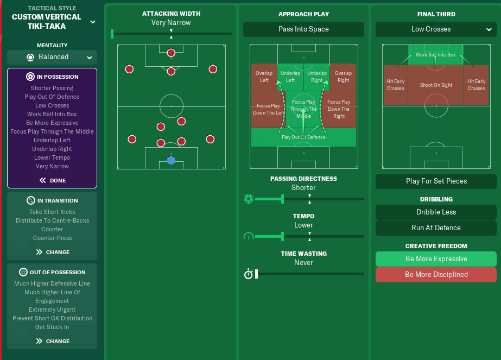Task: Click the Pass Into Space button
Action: point(303,29)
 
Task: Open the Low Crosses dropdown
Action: point(436,29)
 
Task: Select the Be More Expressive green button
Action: point(436,259)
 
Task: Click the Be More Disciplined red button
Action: point(436,275)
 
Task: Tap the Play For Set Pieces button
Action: point(436,181)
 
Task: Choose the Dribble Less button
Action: point(436,212)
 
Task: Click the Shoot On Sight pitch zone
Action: point(436,85)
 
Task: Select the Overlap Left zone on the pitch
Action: point(264,77)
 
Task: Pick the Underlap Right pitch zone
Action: point(317,77)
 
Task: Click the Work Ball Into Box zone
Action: point(436,55)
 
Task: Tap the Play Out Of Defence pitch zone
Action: point(303,137)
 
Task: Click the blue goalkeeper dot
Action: point(171,160)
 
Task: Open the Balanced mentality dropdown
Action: point(52,57)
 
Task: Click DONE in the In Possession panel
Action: point(52,181)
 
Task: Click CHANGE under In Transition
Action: point(52,252)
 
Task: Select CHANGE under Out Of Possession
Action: point(52,342)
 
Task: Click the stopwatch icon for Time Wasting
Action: point(249,274)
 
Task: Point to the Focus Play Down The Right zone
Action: point(339,109)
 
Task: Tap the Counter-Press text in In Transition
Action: point(52,238)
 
